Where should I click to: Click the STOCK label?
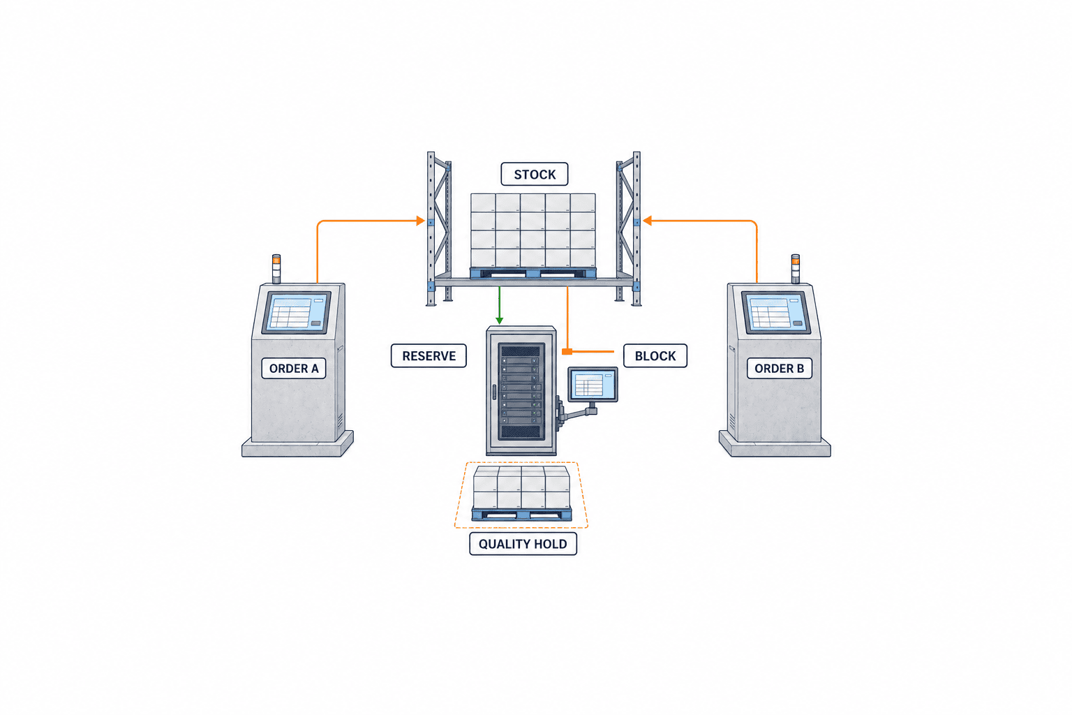[x=534, y=174]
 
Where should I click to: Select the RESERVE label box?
[x=429, y=356]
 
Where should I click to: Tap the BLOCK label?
[x=655, y=356]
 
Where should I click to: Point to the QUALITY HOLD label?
[x=523, y=543]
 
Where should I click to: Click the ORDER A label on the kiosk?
[x=294, y=368]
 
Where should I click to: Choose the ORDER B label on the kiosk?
[x=779, y=368]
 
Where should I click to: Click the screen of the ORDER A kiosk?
[x=297, y=312]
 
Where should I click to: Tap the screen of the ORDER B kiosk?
[x=776, y=312]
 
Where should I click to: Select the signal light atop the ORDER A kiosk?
[x=276, y=269]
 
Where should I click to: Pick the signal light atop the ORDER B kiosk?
[x=796, y=269]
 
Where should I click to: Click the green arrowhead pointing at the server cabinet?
[x=499, y=320]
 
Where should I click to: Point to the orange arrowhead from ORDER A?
[x=421, y=221]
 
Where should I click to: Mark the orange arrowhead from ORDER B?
[x=647, y=221]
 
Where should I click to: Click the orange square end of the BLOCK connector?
[x=567, y=351]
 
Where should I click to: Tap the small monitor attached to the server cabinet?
[x=593, y=384]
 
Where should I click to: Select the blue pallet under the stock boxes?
[x=533, y=274]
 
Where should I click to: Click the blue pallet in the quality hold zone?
[x=521, y=515]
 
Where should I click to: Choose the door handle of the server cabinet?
[x=494, y=392]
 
